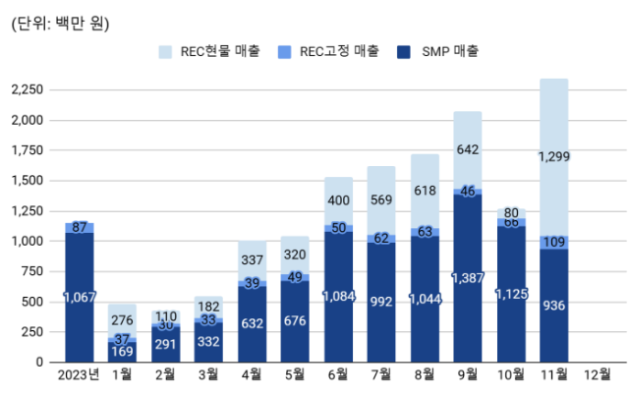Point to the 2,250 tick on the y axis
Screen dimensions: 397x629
(x=27, y=89)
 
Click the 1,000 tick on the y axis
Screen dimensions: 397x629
(x=27, y=241)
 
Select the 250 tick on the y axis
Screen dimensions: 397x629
(x=33, y=331)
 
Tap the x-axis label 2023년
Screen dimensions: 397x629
(x=80, y=374)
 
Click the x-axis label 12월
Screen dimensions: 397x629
(x=597, y=374)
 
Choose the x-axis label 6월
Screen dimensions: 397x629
(x=338, y=374)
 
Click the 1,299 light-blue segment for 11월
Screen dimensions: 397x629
(x=554, y=157)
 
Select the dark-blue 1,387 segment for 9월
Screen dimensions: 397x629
(x=468, y=278)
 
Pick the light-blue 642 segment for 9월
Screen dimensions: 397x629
(x=468, y=149)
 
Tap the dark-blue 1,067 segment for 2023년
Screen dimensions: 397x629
(x=80, y=297)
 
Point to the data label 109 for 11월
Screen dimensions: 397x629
(x=554, y=242)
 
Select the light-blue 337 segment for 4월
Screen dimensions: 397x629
(x=252, y=260)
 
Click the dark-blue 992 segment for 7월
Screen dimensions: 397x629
(x=381, y=303)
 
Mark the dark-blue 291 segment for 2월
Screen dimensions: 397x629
(x=166, y=344)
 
